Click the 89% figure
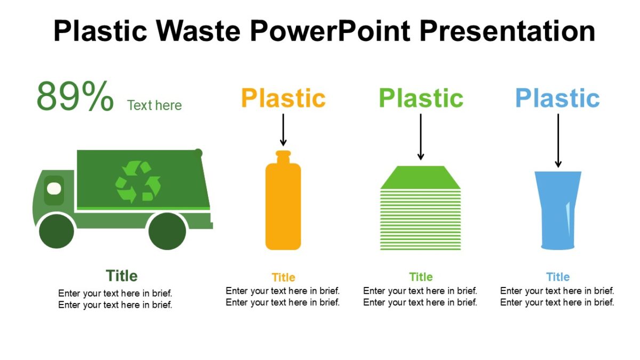point(75,97)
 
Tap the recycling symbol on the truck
point(138,182)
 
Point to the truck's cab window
point(53,188)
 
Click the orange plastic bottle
point(283,205)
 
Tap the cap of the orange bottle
point(283,156)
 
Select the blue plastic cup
point(558,210)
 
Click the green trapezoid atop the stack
point(420,178)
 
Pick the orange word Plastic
point(283,98)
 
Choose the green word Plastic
point(421,98)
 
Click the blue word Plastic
point(557,98)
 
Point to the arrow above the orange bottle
point(283,130)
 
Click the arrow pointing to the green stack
point(421,137)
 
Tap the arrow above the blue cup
point(558,140)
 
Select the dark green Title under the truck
point(122,276)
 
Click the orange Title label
point(283,277)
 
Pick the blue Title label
point(558,277)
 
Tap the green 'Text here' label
point(155,106)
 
